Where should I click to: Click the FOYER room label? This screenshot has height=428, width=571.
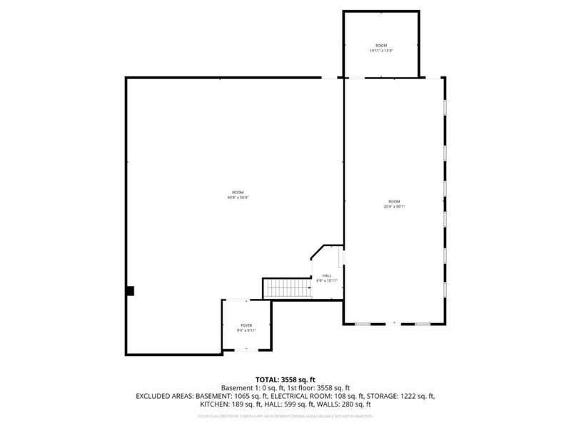pos(246,325)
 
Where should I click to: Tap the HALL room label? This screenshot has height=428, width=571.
pos(326,275)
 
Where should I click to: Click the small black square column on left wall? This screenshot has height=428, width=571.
pos(130,290)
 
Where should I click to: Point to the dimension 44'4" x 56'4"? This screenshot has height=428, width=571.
pos(238,198)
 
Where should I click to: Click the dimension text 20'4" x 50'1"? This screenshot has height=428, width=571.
pos(394,207)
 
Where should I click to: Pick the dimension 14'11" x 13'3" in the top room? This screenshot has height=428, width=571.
pos(381,51)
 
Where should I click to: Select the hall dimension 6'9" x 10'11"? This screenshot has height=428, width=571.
pos(326,280)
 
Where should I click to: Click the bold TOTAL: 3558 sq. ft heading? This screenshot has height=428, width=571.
pos(285,379)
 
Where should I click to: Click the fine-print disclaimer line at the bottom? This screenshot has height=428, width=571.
pos(285,415)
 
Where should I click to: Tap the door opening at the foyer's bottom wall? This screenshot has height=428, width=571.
pos(246,349)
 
